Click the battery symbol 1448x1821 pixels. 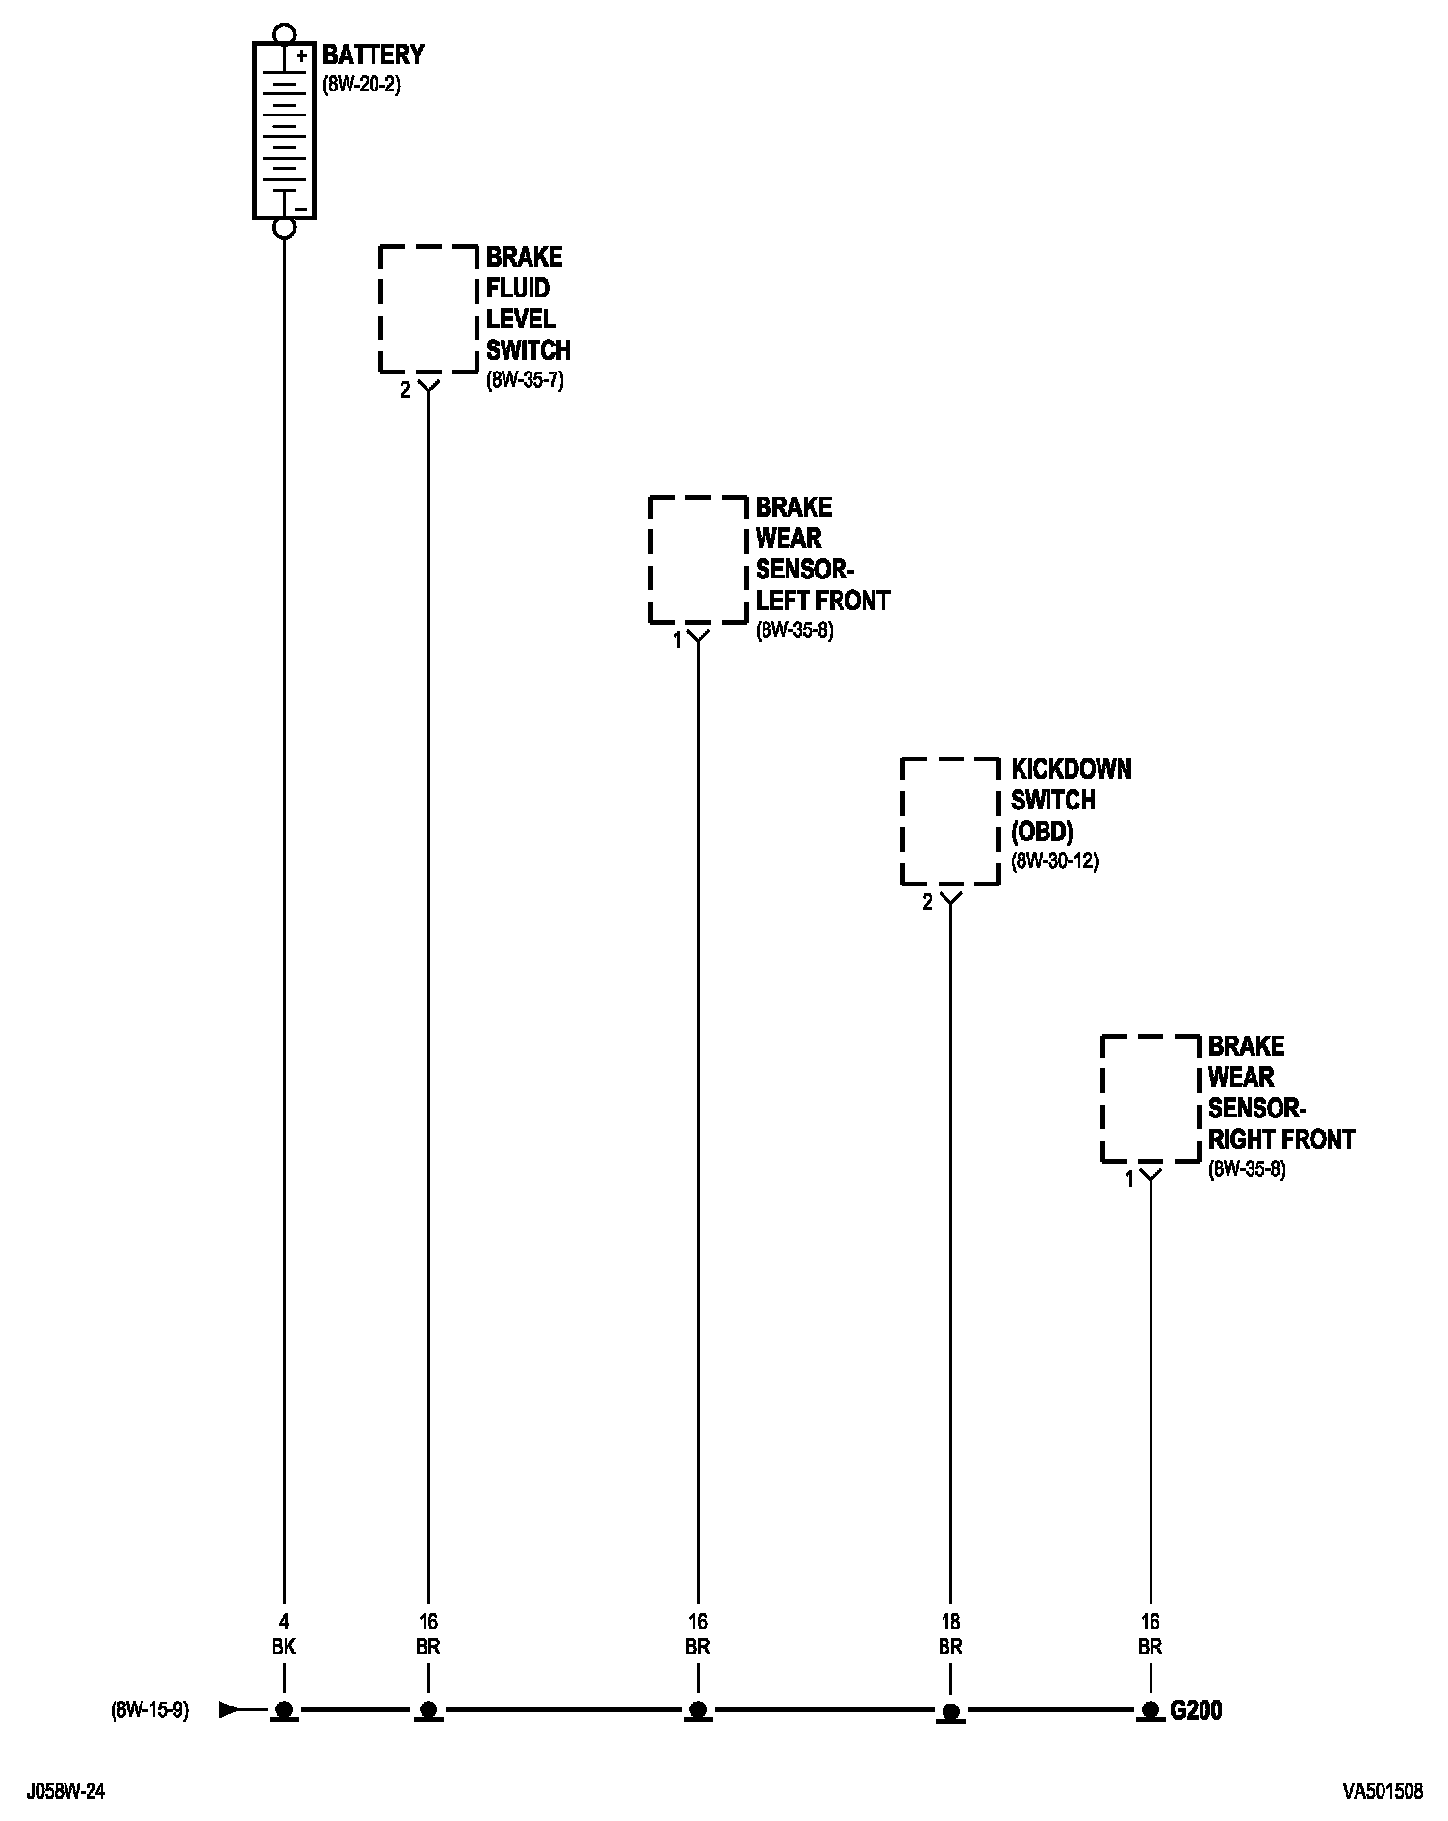click(x=284, y=130)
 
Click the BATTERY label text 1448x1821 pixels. click(x=373, y=55)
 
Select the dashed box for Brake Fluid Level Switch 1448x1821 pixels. click(x=428, y=309)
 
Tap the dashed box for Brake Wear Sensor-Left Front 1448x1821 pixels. click(x=698, y=559)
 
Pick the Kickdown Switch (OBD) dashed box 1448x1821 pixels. click(x=950, y=821)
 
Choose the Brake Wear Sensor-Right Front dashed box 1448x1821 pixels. click(x=1151, y=1098)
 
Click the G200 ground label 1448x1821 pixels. click(x=1196, y=1710)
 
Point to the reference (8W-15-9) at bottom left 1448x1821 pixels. click(x=150, y=1710)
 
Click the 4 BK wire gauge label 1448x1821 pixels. click(x=284, y=1634)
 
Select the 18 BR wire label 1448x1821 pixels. click(x=950, y=1634)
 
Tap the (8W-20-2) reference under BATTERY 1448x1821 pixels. click(x=361, y=85)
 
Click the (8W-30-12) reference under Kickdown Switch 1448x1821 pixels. click(x=1054, y=861)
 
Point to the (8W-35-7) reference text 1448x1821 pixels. click(x=525, y=380)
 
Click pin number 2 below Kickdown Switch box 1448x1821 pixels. click(x=928, y=903)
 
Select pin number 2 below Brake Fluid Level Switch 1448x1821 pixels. click(x=405, y=390)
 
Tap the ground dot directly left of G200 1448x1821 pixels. click(x=1151, y=1709)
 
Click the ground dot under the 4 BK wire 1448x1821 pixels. click(x=284, y=1709)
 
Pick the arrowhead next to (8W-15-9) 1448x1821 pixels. click(x=229, y=1710)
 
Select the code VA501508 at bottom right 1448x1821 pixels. click(x=1383, y=1791)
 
